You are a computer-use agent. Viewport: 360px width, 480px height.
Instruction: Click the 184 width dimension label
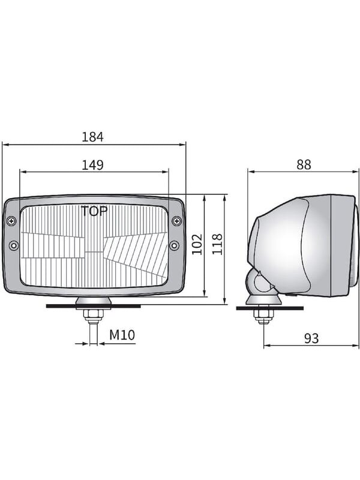click(x=92, y=137)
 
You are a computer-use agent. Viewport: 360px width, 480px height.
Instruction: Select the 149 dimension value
click(x=92, y=165)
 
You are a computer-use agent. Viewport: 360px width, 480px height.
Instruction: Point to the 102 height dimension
click(x=197, y=244)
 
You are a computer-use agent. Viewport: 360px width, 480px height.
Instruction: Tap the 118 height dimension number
click(x=217, y=244)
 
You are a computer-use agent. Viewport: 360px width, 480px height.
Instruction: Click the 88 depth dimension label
click(x=304, y=164)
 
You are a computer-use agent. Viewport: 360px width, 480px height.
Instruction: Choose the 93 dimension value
click(x=311, y=338)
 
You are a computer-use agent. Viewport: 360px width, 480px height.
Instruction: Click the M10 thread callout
click(x=122, y=335)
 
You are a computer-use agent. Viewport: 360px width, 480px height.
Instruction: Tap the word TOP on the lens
click(x=94, y=211)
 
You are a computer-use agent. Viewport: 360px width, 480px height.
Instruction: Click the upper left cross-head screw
click(x=11, y=221)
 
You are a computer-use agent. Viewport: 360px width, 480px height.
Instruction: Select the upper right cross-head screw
click(x=176, y=221)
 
